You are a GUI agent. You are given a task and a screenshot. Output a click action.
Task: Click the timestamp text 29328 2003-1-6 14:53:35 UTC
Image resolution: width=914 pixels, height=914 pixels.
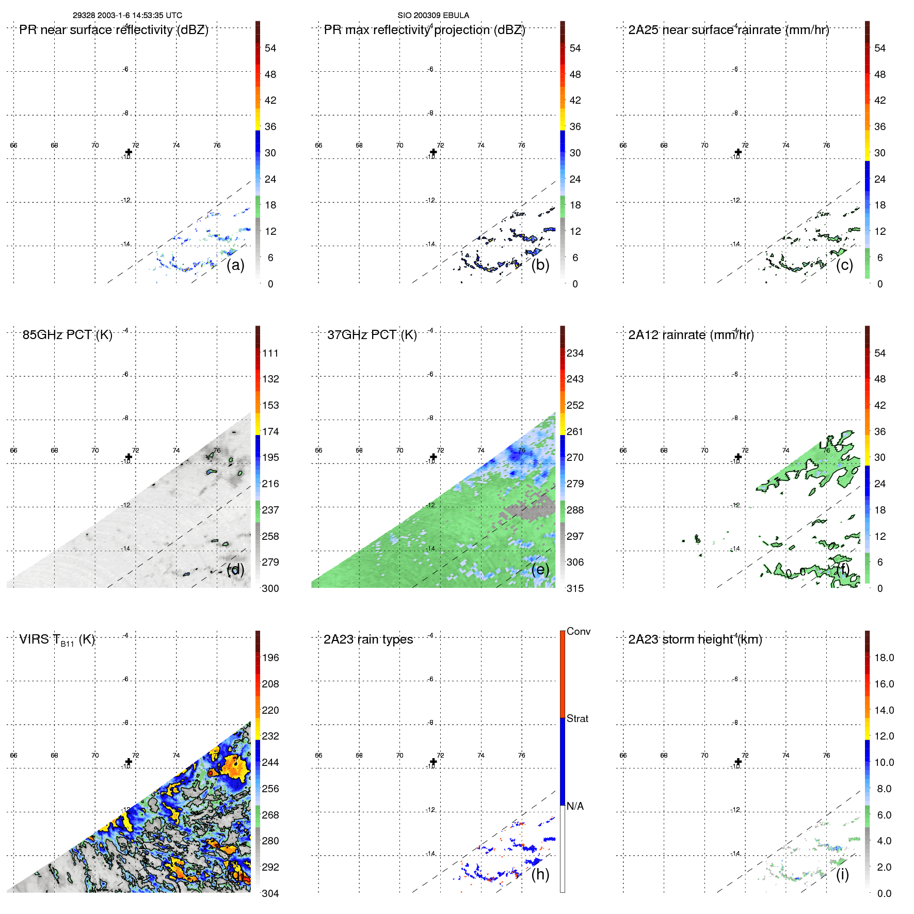(127, 15)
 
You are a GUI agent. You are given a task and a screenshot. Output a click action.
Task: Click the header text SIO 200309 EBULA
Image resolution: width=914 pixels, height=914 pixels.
(433, 15)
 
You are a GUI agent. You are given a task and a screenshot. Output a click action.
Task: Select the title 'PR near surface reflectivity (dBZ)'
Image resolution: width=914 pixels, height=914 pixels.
(114, 30)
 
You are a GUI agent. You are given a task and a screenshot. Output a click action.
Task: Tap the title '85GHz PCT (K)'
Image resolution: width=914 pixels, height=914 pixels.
(67, 335)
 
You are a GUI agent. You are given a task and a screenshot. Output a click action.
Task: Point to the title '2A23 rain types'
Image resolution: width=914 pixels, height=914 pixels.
(368, 639)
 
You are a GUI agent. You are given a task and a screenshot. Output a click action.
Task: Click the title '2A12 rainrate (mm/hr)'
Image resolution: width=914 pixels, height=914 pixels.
(691, 335)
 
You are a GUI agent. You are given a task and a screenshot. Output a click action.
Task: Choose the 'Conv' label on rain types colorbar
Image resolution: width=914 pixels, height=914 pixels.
(578, 631)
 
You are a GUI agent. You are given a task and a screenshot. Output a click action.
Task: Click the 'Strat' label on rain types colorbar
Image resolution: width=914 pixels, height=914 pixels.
(577, 718)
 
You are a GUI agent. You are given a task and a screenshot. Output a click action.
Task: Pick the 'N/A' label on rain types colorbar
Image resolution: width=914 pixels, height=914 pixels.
(575, 806)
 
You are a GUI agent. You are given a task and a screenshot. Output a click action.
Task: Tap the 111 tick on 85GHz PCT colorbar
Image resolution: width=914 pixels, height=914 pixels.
(270, 353)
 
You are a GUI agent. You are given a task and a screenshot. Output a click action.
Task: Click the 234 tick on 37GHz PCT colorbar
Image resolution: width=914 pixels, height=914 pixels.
(575, 353)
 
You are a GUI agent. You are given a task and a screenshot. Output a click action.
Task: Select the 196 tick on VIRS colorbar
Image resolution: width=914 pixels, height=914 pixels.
(270, 658)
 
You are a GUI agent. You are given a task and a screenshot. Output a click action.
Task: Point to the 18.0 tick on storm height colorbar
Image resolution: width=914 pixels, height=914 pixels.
(884, 658)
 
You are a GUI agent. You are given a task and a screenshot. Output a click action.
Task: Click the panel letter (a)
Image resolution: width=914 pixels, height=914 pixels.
(235, 265)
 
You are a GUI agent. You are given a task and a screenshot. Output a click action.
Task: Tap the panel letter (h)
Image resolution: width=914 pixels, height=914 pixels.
(540, 874)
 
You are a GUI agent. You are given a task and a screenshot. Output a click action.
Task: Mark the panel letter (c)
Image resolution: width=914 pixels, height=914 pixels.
(844, 265)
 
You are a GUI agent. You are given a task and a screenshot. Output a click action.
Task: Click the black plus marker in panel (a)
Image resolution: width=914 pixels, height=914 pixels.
(129, 152)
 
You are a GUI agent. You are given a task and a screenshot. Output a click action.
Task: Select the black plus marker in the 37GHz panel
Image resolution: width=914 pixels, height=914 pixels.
(433, 457)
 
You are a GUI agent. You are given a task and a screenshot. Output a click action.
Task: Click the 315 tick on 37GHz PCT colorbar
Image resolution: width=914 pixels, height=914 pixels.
(575, 588)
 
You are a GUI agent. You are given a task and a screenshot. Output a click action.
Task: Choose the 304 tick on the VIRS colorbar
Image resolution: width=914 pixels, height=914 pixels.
(270, 893)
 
